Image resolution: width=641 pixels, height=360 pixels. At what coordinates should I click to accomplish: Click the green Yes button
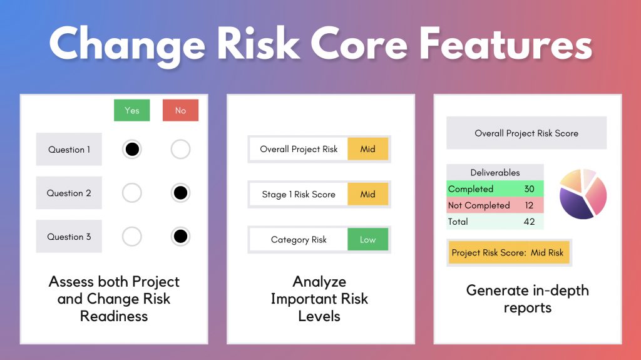coord(131,110)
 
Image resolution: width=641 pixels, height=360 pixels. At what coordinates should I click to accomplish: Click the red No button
coord(180,110)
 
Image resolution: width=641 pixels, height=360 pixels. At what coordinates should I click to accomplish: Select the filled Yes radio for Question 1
coord(131,150)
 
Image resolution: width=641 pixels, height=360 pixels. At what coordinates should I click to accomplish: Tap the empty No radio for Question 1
coord(180,150)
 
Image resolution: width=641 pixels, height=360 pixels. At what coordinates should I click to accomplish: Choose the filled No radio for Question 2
coord(180,193)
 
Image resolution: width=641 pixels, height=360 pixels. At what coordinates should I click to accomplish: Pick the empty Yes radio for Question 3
coord(131,237)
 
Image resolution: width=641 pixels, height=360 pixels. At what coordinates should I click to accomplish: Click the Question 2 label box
coord(69,193)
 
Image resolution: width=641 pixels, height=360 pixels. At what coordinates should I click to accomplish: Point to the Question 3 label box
coord(69,237)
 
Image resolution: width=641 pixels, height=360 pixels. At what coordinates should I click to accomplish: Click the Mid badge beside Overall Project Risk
coord(367,149)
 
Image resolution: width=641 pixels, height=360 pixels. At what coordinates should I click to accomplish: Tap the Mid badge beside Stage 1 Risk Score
coord(367,194)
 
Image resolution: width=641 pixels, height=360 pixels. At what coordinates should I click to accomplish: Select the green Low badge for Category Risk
coord(367,239)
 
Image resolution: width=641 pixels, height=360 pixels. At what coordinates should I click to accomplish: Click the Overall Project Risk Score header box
coord(526,133)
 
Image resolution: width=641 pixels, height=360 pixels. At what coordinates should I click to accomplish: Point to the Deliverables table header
coord(495,172)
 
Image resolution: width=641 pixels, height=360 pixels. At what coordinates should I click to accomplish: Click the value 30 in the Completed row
coord(529,189)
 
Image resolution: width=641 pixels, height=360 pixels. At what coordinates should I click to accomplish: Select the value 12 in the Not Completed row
coord(529,205)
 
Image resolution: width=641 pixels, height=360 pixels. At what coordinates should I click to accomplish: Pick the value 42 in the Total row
coord(529,222)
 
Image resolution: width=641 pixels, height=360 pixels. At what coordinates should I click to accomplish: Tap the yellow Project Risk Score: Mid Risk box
coord(508,253)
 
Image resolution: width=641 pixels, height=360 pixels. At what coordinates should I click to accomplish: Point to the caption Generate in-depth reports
coord(527,299)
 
